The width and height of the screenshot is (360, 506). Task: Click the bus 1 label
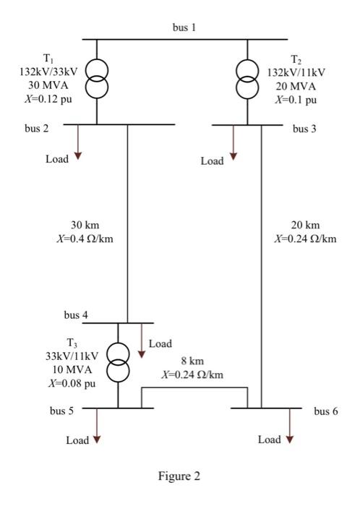[x=184, y=27]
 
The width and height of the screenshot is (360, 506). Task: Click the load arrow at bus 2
[x=77, y=145]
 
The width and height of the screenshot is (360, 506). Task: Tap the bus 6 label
[x=325, y=411]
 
